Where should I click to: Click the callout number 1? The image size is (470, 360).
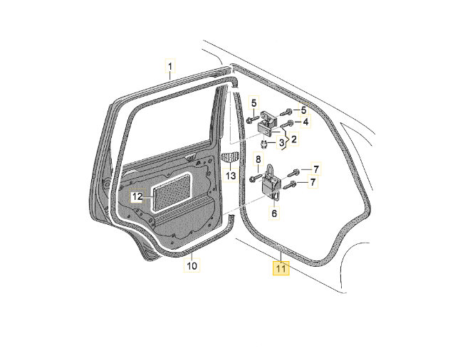(x=170, y=68)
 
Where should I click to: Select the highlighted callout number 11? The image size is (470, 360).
(x=281, y=269)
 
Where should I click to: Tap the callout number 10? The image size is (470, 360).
(x=191, y=266)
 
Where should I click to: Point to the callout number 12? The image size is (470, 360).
(x=138, y=195)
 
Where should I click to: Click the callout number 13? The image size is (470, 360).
(x=231, y=175)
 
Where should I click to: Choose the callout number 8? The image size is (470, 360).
(x=258, y=159)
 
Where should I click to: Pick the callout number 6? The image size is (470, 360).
(x=275, y=212)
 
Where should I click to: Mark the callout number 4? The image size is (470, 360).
(x=305, y=122)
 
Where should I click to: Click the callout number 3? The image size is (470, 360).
(x=281, y=143)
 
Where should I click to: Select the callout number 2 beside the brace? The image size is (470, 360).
(x=293, y=139)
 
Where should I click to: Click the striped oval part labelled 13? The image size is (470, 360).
(x=230, y=157)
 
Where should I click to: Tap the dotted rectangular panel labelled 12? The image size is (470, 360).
(x=171, y=190)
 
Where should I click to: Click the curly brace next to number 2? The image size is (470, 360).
(x=286, y=140)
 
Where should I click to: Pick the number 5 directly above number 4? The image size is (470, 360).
(x=303, y=110)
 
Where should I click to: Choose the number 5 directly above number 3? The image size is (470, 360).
(x=254, y=104)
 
